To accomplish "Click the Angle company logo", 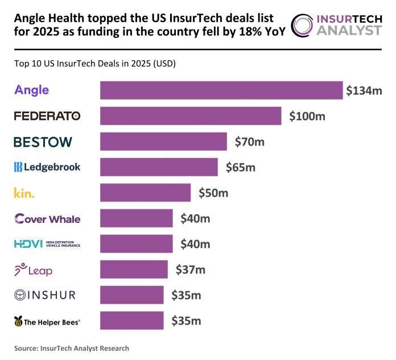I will tap(32, 90).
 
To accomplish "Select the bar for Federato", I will tap(191, 116).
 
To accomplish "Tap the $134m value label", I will tap(364, 90).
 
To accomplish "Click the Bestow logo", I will tap(43, 142).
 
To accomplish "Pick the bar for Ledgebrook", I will tap(159, 167).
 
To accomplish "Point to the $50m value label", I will tap(213, 193).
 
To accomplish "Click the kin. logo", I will tap(24, 193).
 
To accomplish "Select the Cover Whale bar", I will tap(137, 218).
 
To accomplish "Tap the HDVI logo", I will tap(47, 244).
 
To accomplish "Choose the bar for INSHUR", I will tap(131, 295).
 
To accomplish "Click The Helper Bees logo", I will tap(47, 321).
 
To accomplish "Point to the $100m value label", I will tap(307, 116).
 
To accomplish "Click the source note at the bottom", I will tap(72, 347).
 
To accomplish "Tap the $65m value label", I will tap(241, 167).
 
